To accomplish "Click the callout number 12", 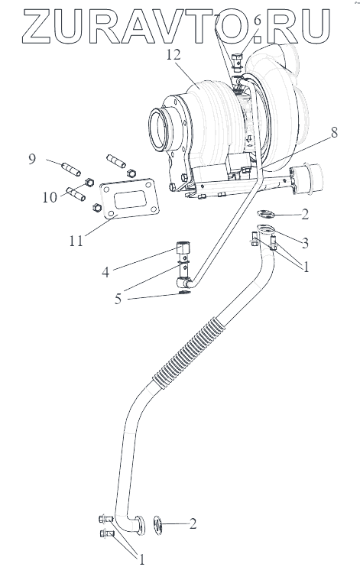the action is (x=174, y=55).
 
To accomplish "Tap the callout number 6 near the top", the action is (x=257, y=21).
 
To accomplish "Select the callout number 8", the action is (x=334, y=132).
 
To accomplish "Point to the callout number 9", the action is (x=32, y=159).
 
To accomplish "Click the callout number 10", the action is (x=50, y=197).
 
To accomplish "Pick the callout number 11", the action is (x=76, y=241).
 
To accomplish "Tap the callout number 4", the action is (x=105, y=273).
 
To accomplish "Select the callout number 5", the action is (x=118, y=299).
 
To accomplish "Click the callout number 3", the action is (x=305, y=243).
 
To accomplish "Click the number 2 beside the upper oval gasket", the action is (x=305, y=215).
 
